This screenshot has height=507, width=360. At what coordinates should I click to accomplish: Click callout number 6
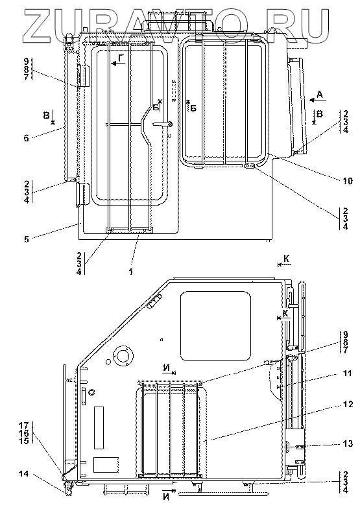tap(27, 138)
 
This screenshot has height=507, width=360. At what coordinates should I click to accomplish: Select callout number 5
tap(26, 239)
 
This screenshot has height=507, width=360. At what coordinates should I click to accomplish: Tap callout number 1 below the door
tap(131, 272)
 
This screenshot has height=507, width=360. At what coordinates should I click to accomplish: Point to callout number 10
tap(347, 181)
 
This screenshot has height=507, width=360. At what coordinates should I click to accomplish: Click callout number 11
tap(347, 374)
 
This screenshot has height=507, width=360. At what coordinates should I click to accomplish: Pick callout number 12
tap(347, 405)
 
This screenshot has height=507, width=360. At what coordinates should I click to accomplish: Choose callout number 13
tap(348, 443)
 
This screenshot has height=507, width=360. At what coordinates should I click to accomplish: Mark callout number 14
tap(23, 474)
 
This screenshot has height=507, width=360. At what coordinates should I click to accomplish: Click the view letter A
tap(320, 95)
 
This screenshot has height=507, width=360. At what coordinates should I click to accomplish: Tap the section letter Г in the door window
tap(121, 58)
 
